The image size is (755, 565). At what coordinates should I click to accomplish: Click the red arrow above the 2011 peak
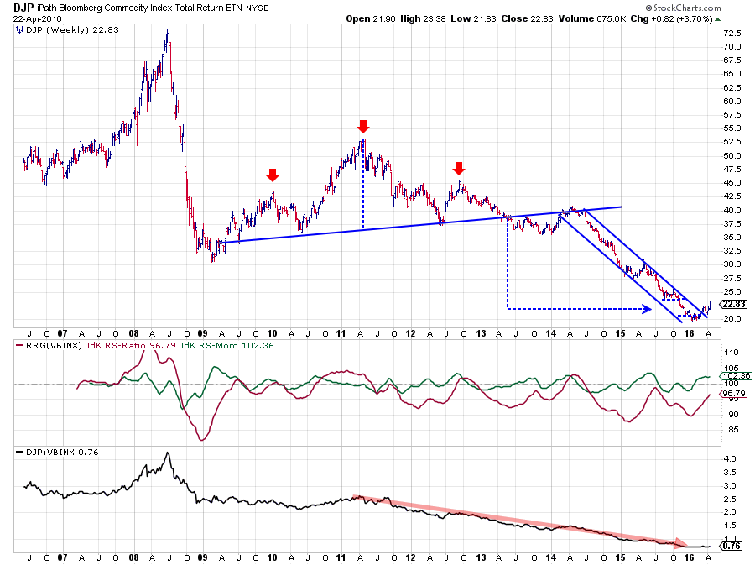click(x=362, y=127)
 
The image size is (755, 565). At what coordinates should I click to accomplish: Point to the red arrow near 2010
click(x=273, y=175)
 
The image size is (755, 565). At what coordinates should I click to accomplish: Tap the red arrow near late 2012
click(x=459, y=167)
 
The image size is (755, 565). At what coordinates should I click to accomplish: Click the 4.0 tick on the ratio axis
click(x=728, y=459)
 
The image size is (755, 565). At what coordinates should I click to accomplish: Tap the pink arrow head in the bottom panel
click(x=683, y=543)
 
